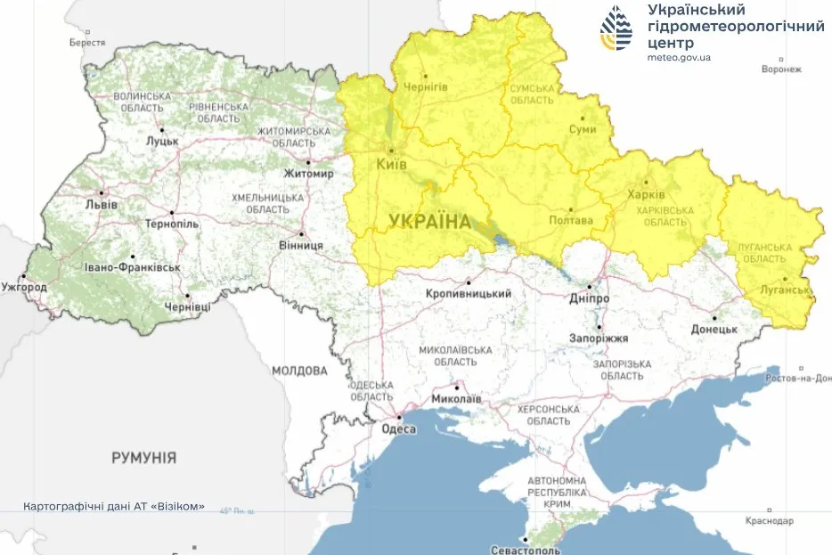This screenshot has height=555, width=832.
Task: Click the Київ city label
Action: [392, 166]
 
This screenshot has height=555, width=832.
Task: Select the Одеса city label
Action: [398, 428]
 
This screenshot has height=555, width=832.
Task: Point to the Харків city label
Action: [647, 194]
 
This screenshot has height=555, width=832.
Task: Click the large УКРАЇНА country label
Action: [429, 221]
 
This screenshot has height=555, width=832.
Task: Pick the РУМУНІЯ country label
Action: [143, 458]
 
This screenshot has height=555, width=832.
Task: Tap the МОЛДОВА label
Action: [300, 370]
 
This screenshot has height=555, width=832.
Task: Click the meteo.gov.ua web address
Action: [679, 57]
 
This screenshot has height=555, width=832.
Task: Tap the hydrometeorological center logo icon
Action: [617, 28]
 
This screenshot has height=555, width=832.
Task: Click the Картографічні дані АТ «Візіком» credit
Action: [114, 506]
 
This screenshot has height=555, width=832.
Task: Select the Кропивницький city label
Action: [469, 293]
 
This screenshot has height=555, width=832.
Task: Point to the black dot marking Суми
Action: [583, 117]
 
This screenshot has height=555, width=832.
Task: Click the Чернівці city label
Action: [188, 306]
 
